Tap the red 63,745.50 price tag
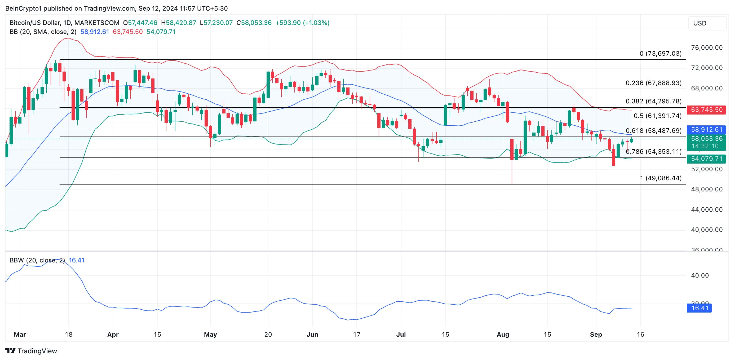[706, 110]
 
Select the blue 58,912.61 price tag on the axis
[706, 130]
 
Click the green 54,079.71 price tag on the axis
[706, 159]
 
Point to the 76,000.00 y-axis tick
[707, 48]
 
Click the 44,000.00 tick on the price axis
[707, 210]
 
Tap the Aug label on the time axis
[503, 334]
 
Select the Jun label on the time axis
[312, 334]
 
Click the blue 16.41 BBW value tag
[699, 308]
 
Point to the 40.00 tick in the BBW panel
[700, 275]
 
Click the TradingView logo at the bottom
[31, 351]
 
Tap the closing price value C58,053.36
[254, 23]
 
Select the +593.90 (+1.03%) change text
[302, 23]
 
